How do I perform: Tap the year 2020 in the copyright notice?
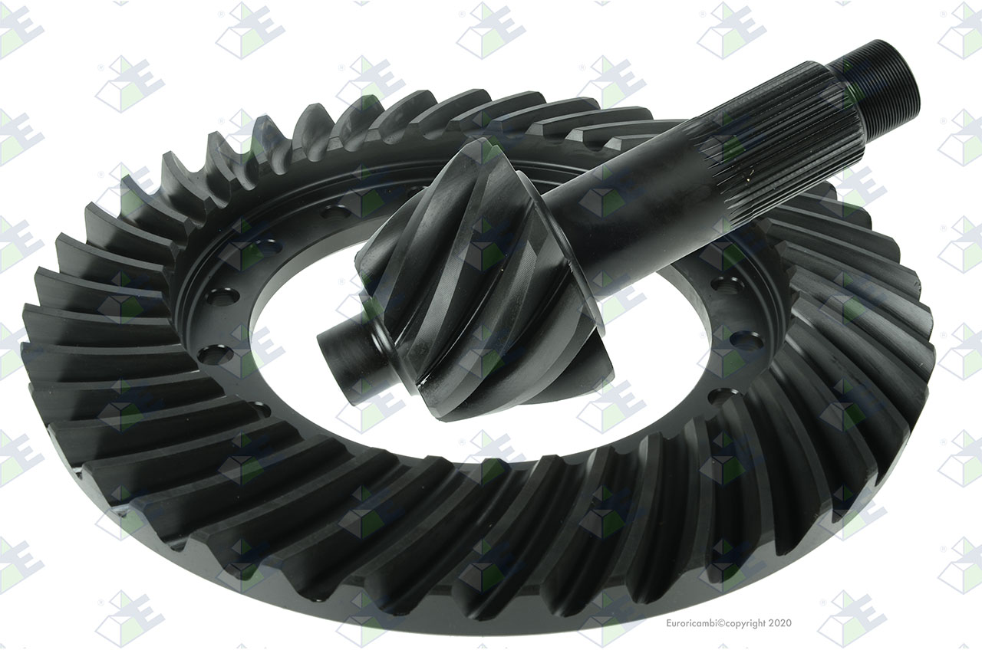point(781,623)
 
